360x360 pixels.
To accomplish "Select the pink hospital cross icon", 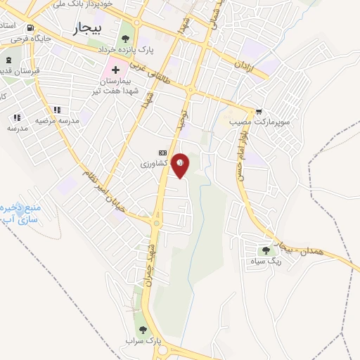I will coord(115,70).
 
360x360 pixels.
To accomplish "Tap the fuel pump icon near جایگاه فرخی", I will coord(18,38).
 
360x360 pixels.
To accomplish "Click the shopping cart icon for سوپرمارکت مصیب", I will coord(259,111).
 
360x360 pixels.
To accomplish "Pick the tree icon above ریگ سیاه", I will coord(266,250).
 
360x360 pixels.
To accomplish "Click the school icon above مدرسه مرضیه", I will coord(57,110).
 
